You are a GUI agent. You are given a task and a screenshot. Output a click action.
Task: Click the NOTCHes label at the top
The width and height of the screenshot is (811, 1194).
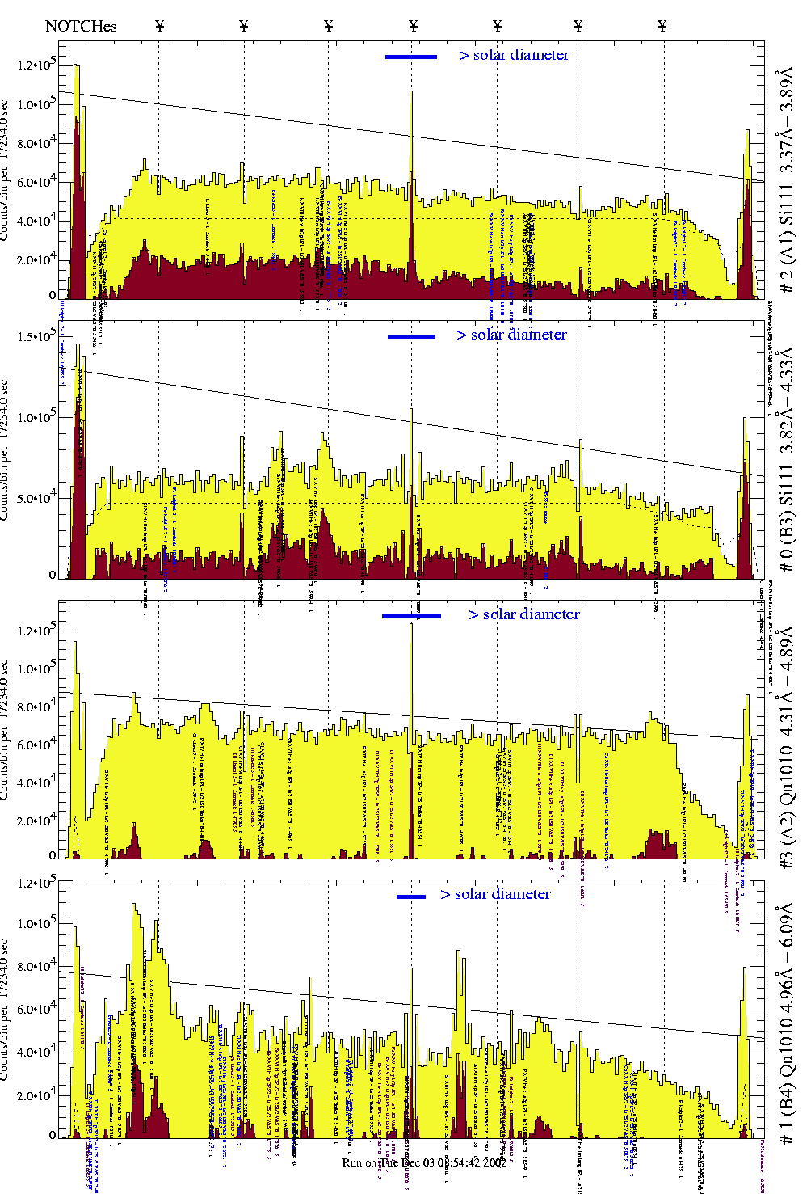(x=81, y=26)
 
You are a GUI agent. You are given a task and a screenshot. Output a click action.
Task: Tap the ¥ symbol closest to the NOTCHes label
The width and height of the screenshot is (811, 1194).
(x=159, y=26)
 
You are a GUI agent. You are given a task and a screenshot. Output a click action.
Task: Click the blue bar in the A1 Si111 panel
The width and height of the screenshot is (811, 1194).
(x=411, y=57)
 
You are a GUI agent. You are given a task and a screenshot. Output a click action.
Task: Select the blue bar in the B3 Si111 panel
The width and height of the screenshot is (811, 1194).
(x=411, y=336)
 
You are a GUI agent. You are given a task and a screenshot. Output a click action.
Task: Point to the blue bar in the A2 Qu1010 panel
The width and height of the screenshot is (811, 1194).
(x=411, y=616)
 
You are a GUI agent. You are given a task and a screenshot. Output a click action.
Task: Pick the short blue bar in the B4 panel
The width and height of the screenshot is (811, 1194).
(x=411, y=896)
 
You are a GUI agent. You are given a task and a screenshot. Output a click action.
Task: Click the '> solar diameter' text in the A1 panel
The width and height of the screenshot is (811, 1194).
(x=514, y=55)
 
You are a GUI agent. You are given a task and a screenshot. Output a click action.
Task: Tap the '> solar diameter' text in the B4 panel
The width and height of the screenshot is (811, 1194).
(x=496, y=894)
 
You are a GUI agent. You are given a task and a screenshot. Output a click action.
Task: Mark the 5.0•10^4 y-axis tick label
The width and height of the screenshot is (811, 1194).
(x=37, y=498)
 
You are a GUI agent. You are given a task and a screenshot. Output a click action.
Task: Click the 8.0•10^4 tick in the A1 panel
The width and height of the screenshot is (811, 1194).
(x=37, y=143)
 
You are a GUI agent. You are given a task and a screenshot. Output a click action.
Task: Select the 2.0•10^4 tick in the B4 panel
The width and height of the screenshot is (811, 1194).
(x=37, y=1095)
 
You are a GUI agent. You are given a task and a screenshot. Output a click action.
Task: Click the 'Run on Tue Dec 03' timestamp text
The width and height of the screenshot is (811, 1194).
(x=424, y=1162)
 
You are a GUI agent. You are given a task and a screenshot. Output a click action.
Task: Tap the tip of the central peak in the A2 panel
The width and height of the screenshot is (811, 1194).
(x=411, y=623)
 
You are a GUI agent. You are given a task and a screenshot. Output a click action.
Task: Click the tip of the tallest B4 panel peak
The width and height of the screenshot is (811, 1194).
(x=133, y=905)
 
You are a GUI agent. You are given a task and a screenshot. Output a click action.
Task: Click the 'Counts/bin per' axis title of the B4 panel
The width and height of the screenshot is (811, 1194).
(x=5, y=1010)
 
